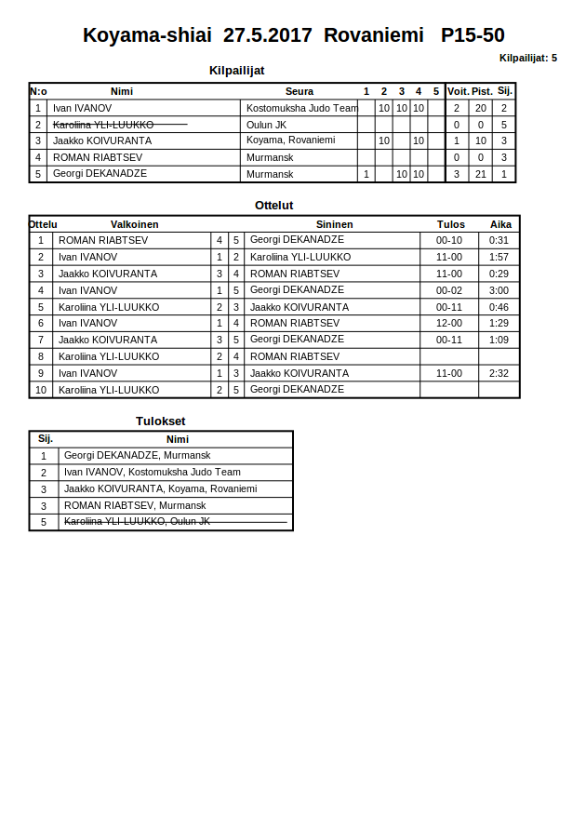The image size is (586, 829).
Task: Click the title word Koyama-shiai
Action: click(147, 36)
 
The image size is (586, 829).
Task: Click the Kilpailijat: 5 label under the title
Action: click(527, 58)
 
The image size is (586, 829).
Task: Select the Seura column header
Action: click(299, 91)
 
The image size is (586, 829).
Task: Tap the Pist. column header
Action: click(481, 91)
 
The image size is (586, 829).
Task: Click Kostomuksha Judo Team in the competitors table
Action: click(301, 108)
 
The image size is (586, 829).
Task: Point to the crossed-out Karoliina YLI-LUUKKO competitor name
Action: click(103, 125)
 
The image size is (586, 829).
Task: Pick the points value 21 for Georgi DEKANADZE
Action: click(481, 174)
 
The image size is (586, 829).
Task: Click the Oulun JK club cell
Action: click(266, 125)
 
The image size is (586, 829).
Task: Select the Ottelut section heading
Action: click(273, 206)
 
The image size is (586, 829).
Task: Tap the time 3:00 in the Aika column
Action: click(499, 290)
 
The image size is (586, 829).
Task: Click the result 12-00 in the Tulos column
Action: click(449, 324)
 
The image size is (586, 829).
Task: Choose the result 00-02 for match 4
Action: click(449, 290)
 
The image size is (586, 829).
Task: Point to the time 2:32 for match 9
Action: click(499, 373)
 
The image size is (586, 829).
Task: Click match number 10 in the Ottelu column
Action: click(41, 390)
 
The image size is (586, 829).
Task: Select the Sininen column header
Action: click(334, 224)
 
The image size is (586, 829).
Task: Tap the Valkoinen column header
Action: click(134, 224)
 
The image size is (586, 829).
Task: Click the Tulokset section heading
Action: click(160, 421)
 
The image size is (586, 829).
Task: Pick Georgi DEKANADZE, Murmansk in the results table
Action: click(137, 456)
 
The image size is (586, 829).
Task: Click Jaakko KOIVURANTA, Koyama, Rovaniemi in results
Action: click(160, 489)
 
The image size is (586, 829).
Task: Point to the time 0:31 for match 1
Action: click(499, 240)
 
